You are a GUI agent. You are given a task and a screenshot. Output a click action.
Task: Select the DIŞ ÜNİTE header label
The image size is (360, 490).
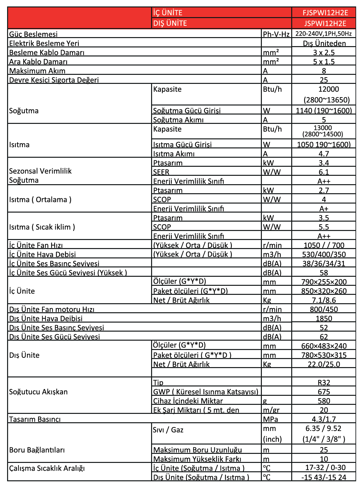[x=170, y=24]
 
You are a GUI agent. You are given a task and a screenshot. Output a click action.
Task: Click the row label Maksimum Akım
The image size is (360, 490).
[x=37, y=71]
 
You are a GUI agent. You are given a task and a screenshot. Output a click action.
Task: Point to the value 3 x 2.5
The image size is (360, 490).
[x=324, y=53]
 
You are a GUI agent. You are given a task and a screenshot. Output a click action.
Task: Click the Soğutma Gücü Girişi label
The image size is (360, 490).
[x=187, y=111]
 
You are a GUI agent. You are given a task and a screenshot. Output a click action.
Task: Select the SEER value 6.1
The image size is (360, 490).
[x=324, y=172]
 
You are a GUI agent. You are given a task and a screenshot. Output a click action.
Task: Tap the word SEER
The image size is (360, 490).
[x=161, y=172]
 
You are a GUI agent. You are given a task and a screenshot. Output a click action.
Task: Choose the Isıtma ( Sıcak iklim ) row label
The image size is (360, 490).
[x=42, y=227]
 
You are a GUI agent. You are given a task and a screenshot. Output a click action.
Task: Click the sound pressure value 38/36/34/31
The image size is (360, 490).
[x=324, y=264]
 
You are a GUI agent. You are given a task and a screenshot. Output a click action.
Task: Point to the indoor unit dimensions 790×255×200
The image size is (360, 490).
[x=324, y=282]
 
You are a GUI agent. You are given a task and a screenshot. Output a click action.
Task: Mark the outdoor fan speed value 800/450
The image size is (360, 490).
[x=324, y=309]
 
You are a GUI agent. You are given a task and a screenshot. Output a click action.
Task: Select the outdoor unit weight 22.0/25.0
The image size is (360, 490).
[x=324, y=364]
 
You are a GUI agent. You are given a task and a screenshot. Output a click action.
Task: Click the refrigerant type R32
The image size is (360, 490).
[x=324, y=383]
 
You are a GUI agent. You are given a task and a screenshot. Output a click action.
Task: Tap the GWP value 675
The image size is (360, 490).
[x=324, y=392]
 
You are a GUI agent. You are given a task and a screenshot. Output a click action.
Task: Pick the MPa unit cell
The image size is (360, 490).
[x=271, y=419]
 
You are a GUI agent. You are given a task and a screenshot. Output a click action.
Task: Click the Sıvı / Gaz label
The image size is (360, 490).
[x=168, y=430]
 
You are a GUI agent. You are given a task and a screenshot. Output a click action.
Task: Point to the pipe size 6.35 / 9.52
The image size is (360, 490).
[x=324, y=429]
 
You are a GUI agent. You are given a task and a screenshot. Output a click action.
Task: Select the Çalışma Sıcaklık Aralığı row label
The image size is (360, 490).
[x=47, y=468]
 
